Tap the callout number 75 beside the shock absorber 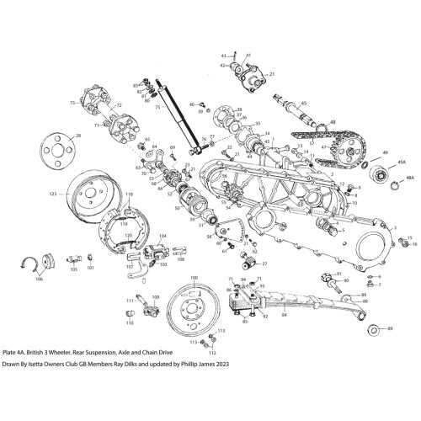click(x=158, y=108)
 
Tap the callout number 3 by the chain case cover click(x=394, y=227)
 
